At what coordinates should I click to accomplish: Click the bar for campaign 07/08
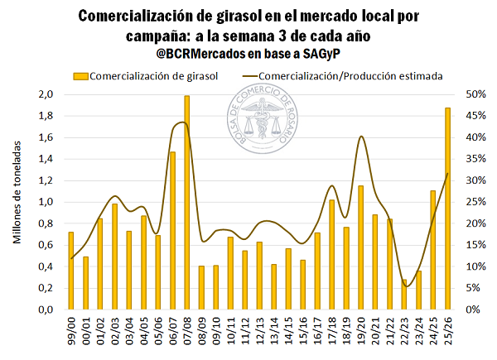pos(187,203)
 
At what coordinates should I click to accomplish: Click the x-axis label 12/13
pos(260,330)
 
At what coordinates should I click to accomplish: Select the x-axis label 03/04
pos(129,330)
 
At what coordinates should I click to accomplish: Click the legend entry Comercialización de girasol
pos(146,75)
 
